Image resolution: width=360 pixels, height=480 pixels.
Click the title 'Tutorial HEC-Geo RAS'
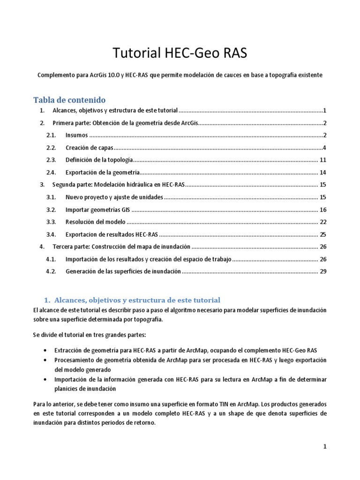pos(180,54)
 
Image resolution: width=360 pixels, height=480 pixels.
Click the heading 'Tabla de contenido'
pos(69,100)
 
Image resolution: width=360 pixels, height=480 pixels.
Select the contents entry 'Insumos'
pos(76,135)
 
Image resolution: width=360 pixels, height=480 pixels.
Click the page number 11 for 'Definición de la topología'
pos(322,160)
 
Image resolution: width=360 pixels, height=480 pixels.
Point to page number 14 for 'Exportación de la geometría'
pos(322,172)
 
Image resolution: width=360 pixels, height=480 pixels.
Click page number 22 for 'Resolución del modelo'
pos(322,221)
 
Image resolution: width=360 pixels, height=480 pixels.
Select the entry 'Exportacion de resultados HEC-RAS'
pos(112,234)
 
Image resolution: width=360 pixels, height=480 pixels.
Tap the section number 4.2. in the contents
pos(51,271)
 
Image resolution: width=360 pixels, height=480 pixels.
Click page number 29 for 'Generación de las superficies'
pos(322,271)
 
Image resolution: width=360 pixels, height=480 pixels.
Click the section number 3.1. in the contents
pos(51,197)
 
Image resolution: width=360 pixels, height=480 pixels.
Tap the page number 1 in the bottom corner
pos(324,447)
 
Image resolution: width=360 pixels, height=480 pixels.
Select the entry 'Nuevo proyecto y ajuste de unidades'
pos(114,197)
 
